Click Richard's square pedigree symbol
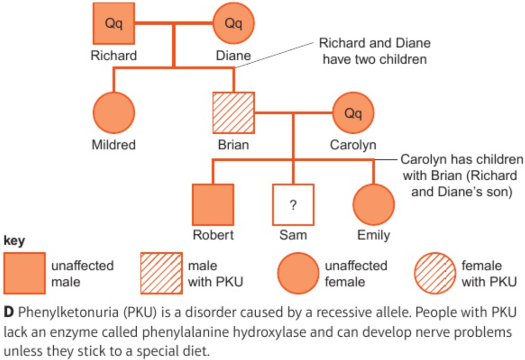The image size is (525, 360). [114, 23]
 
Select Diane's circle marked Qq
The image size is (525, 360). [234, 23]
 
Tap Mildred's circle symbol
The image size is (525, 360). [114, 113]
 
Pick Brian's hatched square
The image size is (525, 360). [234, 113]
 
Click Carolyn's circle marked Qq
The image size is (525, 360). [353, 113]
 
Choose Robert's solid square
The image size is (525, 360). [213, 204]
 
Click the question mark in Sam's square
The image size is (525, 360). [293, 204]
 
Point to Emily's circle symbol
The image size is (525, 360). [374, 204]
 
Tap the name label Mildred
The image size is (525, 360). [114, 145]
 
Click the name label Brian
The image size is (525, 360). [234, 145]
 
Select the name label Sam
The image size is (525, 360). [293, 235]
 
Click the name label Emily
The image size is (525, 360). [374, 235]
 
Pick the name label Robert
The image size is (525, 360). [213, 235]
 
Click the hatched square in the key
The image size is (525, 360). [162, 273]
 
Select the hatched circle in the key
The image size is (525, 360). [435, 273]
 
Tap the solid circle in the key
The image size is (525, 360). [298, 273]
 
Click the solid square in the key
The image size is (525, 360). [24, 273]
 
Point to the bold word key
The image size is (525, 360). [14, 241]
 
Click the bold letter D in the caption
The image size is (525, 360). [9, 312]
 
